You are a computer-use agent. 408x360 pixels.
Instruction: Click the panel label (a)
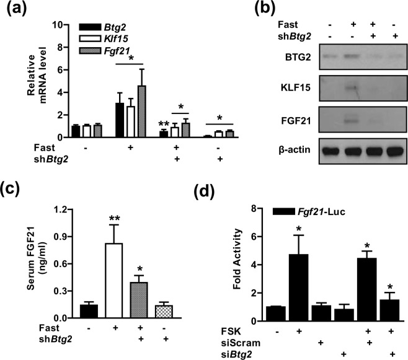17,9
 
